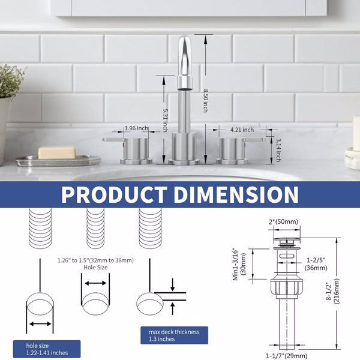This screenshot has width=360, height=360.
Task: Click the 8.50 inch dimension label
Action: coord(205,101)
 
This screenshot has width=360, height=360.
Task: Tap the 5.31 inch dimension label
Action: coord(165,120)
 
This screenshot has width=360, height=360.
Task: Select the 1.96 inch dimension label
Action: coord(136,128)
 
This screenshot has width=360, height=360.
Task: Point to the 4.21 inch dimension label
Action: coord(242,130)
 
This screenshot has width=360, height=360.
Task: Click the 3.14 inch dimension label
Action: coord(278,150)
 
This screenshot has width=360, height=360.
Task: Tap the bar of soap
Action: coord(56,152)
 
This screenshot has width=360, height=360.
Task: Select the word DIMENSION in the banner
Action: coord(236,194)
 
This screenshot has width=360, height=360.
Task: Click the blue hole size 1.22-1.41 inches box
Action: coord(47,349)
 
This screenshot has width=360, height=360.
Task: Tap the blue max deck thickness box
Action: coord(174,335)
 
